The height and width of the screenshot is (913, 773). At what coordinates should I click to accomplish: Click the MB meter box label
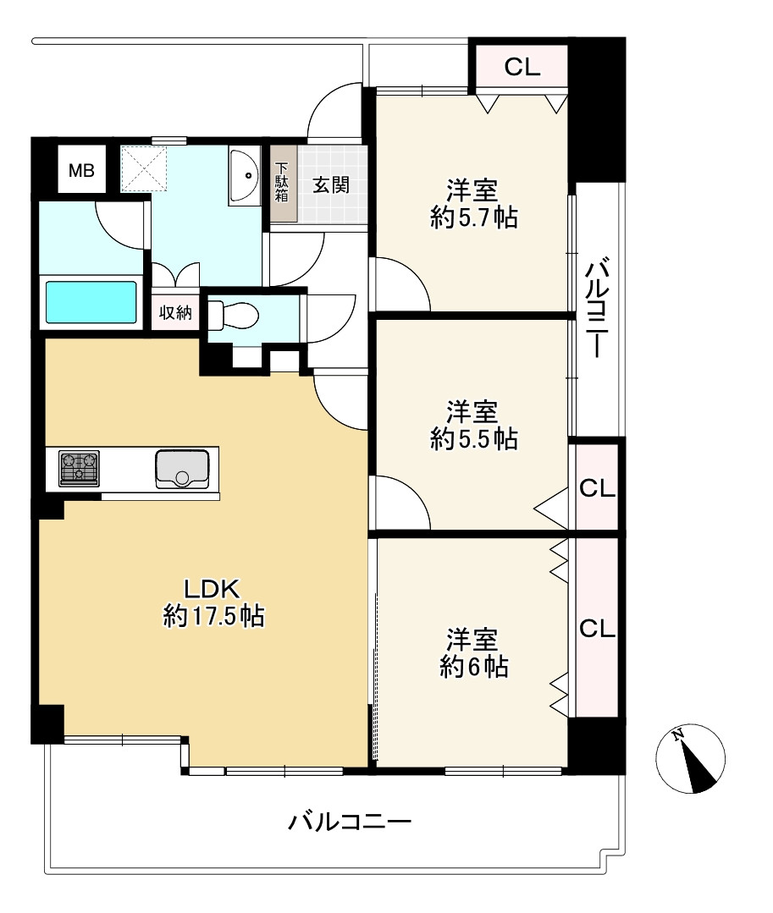coord(81,171)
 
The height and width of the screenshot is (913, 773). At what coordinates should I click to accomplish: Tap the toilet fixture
coord(233,315)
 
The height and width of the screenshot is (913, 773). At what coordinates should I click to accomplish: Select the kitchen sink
coord(182,469)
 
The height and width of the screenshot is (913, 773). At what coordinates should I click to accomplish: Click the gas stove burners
coord(79,468)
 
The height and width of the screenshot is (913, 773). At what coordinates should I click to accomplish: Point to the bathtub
coord(91,302)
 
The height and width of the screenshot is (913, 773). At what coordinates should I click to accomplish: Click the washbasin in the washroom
coord(244,175)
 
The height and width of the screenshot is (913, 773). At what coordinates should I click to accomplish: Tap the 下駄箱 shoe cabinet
coord(283,183)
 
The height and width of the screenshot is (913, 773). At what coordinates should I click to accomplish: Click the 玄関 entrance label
coord(331,185)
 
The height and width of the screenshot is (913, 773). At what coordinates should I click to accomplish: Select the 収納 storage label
coord(175,313)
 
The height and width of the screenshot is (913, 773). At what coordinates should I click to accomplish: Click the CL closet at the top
coord(522,67)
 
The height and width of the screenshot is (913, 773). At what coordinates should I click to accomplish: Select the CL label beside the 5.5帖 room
coord(597,488)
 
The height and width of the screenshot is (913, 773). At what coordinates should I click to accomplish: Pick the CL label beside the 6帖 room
coord(597,629)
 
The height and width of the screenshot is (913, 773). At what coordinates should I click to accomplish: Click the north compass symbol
coord(690,758)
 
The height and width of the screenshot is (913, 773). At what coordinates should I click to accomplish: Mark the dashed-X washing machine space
coord(144,169)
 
